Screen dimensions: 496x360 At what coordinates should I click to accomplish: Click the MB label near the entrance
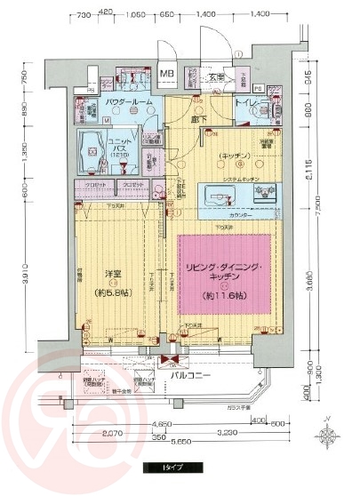click(166, 73)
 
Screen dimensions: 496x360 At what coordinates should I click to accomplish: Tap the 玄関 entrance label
click(216, 77)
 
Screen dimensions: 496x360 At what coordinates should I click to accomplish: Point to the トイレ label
click(246, 104)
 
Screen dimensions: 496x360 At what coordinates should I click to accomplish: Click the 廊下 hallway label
click(199, 117)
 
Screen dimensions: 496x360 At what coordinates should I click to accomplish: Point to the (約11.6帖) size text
click(225, 294)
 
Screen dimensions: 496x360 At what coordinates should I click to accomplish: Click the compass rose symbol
click(329, 435)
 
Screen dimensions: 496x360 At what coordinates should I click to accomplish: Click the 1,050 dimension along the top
click(136, 15)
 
